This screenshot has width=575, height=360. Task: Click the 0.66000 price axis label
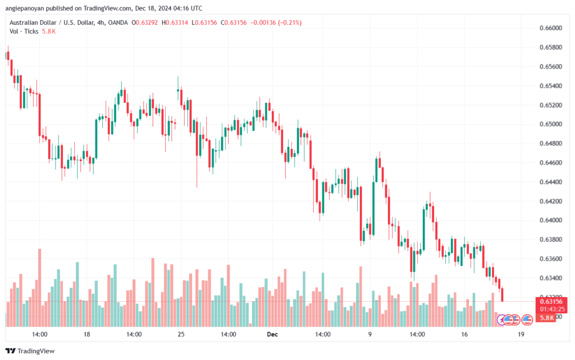click(550, 28)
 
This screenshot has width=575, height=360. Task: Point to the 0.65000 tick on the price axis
click(550, 124)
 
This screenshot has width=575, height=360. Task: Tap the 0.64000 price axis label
click(550, 220)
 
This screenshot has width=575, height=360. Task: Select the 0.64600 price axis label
click(550, 163)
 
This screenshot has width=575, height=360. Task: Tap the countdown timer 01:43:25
click(551, 309)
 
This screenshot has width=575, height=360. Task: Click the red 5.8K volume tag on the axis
click(547, 318)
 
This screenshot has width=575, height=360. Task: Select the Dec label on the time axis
click(272, 334)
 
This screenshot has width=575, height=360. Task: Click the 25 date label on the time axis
click(181, 334)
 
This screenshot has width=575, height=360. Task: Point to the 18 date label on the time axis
click(86, 334)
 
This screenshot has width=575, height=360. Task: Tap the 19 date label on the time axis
click(522, 334)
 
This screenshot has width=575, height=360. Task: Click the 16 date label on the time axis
click(464, 334)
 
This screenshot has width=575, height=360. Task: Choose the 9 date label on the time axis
click(369, 334)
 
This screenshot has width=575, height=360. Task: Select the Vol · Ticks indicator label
click(24, 31)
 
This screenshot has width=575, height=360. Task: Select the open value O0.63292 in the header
click(146, 22)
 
